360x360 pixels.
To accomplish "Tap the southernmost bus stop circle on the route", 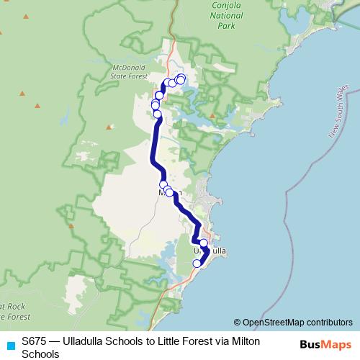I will pos(197,264).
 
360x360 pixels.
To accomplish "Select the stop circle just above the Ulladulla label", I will pos(204,243).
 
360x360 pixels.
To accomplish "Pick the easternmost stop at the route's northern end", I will pos(181,79).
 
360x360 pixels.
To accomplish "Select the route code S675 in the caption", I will pos(35,341).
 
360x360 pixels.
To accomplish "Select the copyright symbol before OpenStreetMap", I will pos(237,323).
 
